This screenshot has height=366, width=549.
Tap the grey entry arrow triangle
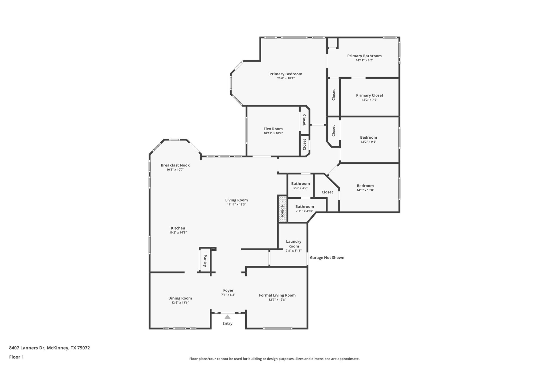pyautogui.click(x=227, y=317)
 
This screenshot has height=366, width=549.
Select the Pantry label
pyautogui.click(x=205, y=261)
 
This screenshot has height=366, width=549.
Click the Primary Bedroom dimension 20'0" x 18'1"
pyautogui.click(x=286, y=78)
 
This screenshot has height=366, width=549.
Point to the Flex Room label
pyautogui.click(x=273, y=129)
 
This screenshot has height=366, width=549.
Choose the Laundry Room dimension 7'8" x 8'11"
pyautogui.click(x=294, y=251)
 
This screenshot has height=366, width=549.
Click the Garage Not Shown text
pyautogui.click(x=327, y=258)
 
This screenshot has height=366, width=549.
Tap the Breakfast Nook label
pyautogui.click(x=175, y=165)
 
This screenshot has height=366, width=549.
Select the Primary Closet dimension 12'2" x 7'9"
pyautogui.click(x=369, y=100)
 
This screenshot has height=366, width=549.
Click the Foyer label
pyautogui.click(x=228, y=290)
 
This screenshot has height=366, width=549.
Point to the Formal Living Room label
pyautogui.click(x=277, y=295)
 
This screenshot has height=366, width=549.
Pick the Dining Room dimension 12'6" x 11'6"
pyautogui.click(x=180, y=302)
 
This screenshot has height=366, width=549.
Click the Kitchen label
pyautogui.click(x=178, y=228)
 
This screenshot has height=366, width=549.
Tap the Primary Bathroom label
pyautogui.click(x=364, y=56)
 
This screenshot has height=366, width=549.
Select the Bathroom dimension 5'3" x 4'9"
pyautogui.click(x=300, y=188)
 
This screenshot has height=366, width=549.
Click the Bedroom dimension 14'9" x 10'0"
pyautogui.click(x=365, y=190)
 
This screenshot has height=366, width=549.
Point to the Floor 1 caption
pyautogui.click(x=17, y=357)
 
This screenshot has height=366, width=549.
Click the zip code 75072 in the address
pyautogui.click(x=84, y=348)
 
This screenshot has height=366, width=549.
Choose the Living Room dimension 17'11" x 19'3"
pyautogui.click(x=236, y=205)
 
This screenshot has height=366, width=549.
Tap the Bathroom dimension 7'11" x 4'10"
pyautogui.click(x=305, y=211)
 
